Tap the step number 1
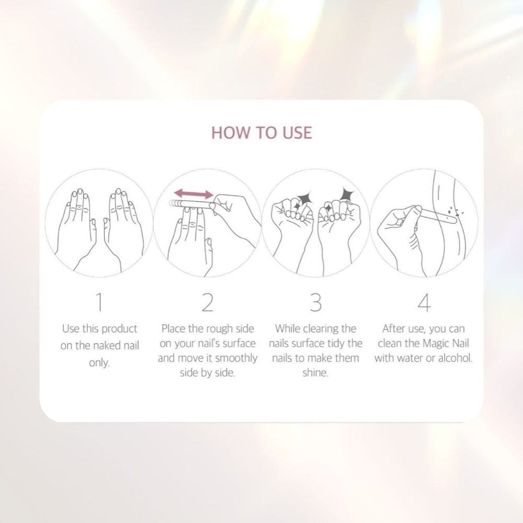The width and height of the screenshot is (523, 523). coord(99,302)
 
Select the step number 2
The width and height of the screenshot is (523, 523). coord(208,302)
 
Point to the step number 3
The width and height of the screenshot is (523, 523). coord(315,302)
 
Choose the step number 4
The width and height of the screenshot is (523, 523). coord(424,302)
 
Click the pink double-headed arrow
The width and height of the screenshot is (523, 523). coord(193,194)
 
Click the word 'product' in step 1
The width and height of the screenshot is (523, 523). coord(118,329)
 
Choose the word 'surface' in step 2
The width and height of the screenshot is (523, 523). coord(239,344)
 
